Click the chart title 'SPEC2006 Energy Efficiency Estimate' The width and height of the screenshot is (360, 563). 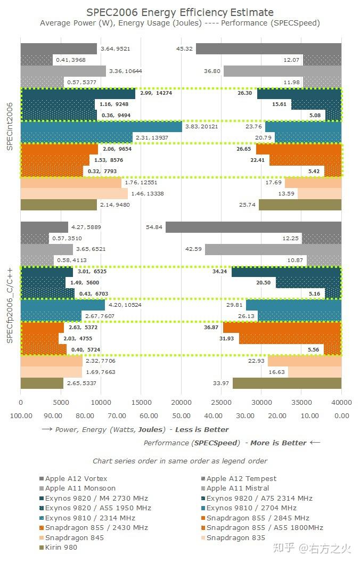click(x=180, y=12)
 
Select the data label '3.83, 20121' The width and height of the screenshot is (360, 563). click(x=202, y=127)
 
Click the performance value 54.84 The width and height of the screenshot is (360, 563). click(x=154, y=227)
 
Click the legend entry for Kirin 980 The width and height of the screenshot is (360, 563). click(x=61, y=547)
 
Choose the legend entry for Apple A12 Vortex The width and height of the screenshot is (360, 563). click(x=76, y=478)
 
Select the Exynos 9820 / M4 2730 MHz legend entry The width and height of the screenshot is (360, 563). click(x=96, y=498)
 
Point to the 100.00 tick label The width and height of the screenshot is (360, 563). click(x=21, y=415)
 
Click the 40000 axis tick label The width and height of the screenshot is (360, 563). click(x=341, y=403)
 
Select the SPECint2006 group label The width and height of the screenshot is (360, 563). click(x=10, y=127)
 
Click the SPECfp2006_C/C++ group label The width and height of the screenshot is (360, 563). click(x=10, y=305)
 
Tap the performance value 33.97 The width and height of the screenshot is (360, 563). click(x=220, y=383)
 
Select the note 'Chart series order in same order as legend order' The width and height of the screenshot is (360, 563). click(x=180, y=461)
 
